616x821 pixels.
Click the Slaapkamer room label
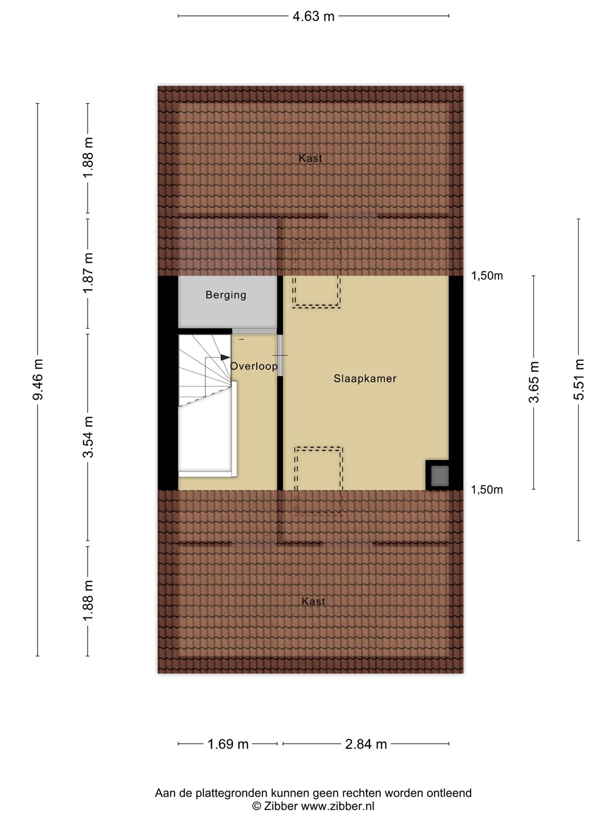364,379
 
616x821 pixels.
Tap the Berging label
226,295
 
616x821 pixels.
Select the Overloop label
254,366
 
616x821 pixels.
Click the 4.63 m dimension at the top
314,17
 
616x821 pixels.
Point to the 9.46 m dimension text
38,379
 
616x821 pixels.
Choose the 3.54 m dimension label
88,437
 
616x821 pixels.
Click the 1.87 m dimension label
88,273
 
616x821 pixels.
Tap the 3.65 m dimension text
534,382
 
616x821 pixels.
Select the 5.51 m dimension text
578,379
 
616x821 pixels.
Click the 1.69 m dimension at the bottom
228,745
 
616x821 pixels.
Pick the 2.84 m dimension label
366,745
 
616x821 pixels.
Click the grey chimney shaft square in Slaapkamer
440,475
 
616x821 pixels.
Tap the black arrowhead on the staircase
225,357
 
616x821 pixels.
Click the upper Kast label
310,158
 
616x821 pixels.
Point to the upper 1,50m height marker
487,275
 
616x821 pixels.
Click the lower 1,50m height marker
487,490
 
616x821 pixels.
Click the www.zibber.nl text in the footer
338,806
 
